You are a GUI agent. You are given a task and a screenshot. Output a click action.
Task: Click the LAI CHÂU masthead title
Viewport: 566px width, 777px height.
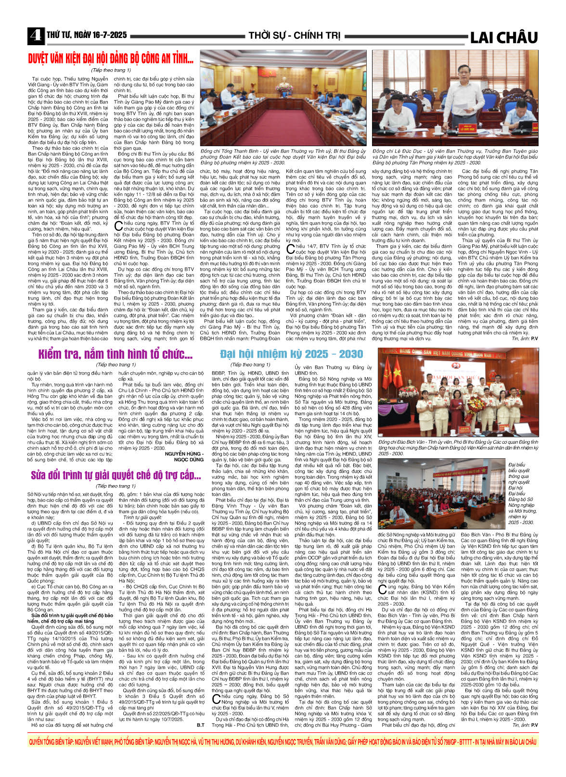[x=503, y=38]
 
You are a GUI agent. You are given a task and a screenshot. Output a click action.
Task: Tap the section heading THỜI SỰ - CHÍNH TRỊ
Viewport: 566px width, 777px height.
[x=294, y=36]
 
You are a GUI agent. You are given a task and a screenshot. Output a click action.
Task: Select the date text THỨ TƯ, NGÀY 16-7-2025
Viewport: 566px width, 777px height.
[x=87, y=35]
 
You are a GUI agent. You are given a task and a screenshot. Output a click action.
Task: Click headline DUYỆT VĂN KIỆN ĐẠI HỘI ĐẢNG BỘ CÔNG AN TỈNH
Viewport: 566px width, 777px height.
[x=111, y=59]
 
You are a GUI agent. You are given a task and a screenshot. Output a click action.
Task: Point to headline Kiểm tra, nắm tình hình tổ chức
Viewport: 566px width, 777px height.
[x=116, y=354]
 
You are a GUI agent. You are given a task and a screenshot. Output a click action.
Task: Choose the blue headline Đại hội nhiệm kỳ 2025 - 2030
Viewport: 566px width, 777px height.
[x=291, y=354]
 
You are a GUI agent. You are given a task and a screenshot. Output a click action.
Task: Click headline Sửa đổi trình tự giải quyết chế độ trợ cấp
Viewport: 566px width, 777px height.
[x=116, y=475]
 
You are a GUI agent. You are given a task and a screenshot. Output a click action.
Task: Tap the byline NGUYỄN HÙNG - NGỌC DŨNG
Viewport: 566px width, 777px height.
[x=184, y=456]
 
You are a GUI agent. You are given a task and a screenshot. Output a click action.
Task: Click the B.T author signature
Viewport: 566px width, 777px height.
[x=200, y=724]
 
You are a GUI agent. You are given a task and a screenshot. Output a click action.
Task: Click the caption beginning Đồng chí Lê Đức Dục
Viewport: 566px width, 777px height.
[x=455, y=156]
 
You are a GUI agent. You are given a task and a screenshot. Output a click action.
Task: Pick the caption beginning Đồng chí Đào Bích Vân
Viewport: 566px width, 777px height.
[x=458, y=447]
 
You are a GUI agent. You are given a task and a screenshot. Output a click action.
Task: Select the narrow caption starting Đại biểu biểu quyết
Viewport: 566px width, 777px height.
[x=521, y=493]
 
